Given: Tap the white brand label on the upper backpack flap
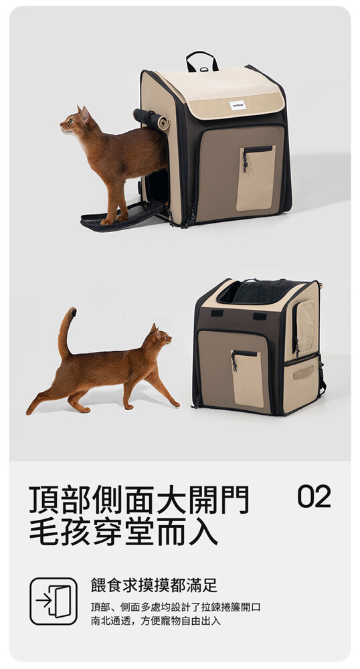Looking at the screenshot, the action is pyautogui.click(x=238, y=106).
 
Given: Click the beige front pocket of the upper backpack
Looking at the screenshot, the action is pyautogui.click(x=256, y=179).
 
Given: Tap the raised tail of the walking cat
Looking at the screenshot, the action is pyautogui.click(x=66, y=330).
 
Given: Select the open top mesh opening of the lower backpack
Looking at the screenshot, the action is pyautogui.click(x=258, y=292).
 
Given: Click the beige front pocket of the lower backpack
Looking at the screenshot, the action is pyautogui.click(x=248, y=379).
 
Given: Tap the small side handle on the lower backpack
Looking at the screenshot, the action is pyautogui.click(x=303, y=372).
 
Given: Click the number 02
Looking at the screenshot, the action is pyautogui.click(x=314, y=496).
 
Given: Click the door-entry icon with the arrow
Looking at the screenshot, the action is pyautogui.click(x=54, y=601).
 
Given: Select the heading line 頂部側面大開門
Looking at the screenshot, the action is pyautogui.click(x=139, y=499).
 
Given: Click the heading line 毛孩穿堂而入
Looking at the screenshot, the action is pyautogui.click(x=124, y=531).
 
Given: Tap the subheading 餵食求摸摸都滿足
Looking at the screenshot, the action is pyautogui.click(x=154, y=585).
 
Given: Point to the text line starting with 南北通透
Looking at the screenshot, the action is pyautogui.click(x=156, y=621).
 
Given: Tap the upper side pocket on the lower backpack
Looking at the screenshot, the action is pyautogui.click(x=304, y=326).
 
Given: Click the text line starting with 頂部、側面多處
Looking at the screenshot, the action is pyautogui.click(x=175, y=607).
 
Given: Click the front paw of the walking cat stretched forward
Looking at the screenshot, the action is pyautogui.click(x=175, y=403).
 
